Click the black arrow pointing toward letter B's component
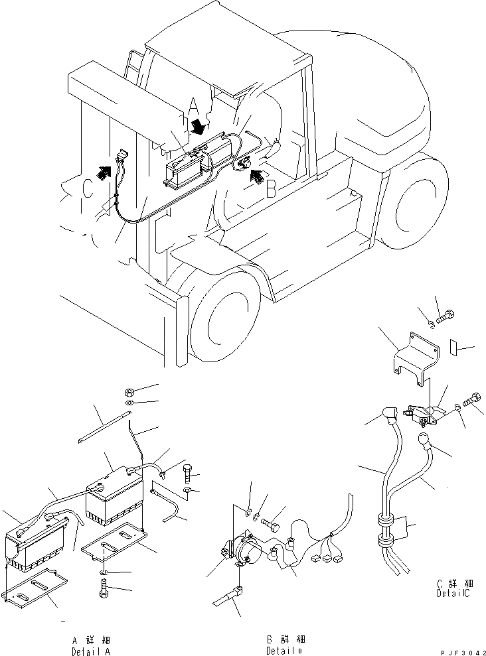256,175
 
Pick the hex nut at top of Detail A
130,390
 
